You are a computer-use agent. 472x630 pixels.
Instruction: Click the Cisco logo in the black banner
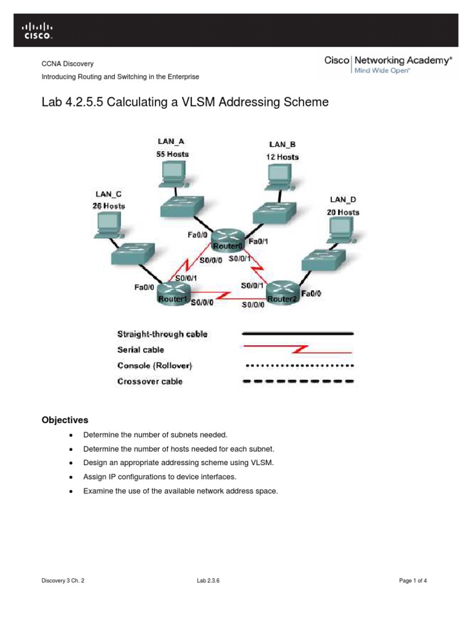tap(37, 31)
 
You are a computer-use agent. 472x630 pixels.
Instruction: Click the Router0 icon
tap(228, 240)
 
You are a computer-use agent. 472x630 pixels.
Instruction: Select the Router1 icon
tap(173, 293)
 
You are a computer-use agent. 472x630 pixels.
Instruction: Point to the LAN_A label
tap(171, 142)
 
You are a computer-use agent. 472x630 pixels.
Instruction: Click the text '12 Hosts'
tap(282, 157)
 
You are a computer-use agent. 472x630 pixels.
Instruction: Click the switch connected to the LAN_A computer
tap(182, 207)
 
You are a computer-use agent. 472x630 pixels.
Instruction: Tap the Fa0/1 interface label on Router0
tap(258, 241)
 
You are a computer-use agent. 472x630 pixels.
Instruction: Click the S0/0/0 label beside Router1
tap(202, 302)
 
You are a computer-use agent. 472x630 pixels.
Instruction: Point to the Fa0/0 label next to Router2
tap(311, 293)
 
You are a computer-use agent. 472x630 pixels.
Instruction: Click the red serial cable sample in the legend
tap(297, 349)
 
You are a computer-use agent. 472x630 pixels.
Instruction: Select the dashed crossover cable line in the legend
tap(298, 381)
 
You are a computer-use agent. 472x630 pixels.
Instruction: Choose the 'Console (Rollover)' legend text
tap(154, 365)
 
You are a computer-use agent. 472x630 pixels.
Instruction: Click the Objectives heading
tap(65, 420)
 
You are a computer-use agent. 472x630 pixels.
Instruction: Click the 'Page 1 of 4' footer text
tap(413, 581)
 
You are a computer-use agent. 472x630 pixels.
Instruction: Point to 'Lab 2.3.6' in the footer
tap(208, 581)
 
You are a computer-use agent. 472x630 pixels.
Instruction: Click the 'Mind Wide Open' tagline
tap(382, 71)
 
